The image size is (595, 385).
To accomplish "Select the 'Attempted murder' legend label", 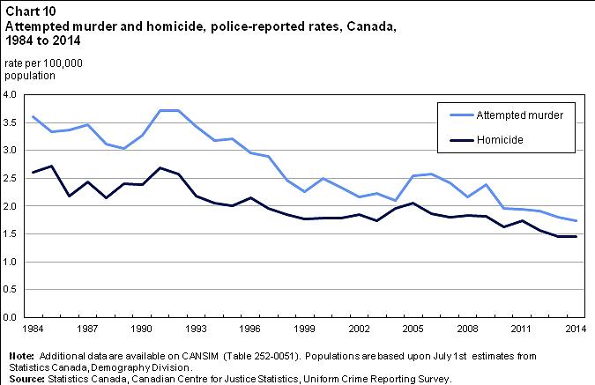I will click(x=513, y=115).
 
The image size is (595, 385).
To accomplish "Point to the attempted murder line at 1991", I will click(x=160, y=110).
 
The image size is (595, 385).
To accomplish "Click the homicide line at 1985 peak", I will click(x=52, y=166).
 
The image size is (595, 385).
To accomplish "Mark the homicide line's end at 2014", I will click(x=575, y=236).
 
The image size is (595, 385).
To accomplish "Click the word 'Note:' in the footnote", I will click(x=20, y=355).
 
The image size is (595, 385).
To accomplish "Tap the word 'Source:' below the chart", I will click(x=26, y=379).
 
